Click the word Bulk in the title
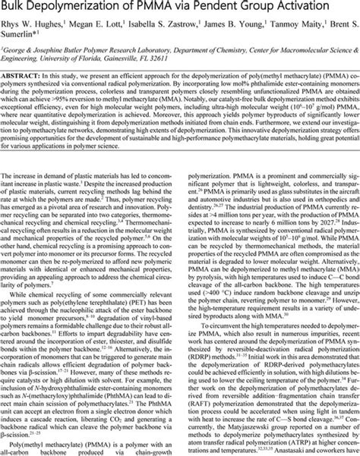pos(17,8)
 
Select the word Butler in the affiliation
pos(89,57)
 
